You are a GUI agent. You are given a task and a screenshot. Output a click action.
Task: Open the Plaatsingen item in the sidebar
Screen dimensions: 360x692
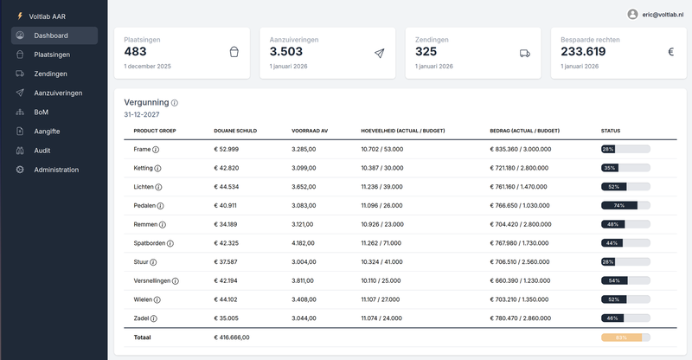(x=52, y=55)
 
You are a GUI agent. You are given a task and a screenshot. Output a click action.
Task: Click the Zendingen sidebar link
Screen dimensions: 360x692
(x=50, y=74)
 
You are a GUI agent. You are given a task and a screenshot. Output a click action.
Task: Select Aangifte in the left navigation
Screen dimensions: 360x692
(x=47, y=132)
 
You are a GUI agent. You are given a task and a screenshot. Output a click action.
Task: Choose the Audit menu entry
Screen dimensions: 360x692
(x=42, y=151)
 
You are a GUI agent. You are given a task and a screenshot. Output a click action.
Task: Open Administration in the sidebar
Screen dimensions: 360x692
(x=56, y=170)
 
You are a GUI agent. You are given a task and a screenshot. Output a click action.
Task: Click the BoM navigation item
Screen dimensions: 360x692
(x=41, y=112)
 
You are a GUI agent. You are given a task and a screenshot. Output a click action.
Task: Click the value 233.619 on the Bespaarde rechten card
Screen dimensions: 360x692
(x=583, y=51)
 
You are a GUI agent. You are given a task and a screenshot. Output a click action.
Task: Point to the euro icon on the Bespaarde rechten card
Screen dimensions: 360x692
(x=670, y=53)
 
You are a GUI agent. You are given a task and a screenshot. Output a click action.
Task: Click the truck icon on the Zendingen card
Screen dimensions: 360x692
(x=525, y=53)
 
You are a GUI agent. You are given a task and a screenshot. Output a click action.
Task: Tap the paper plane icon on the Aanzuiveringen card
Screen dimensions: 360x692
(x=379, y=53)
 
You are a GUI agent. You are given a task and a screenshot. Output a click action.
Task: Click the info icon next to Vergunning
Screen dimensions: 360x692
(x=175, y=103)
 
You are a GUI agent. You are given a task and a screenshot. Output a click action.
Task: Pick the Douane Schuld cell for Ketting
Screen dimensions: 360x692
(x=226, y=168)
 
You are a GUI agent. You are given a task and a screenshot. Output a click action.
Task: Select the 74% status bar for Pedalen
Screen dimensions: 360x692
(x=625, y=206)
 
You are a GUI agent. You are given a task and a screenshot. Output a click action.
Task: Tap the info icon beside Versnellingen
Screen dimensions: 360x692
(x=176, y=281)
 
